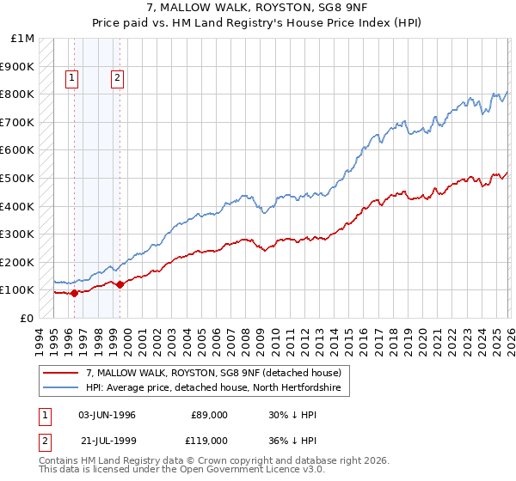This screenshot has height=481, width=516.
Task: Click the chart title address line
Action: [258, 8]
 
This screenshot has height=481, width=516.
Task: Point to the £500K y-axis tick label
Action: [17, 178]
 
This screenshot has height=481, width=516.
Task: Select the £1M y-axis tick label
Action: [22, 39]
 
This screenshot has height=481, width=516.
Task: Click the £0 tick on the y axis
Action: [28, 318]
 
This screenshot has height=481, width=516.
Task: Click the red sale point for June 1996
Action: [74, 293]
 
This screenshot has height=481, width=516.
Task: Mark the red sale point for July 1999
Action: [120, 284]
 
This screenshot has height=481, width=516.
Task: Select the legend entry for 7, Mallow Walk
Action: [214, 373]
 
